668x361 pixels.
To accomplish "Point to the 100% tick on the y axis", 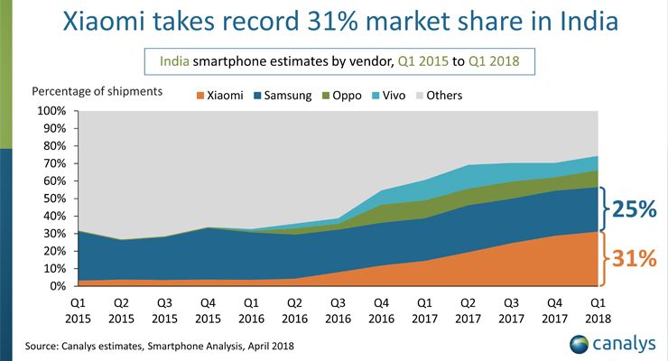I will tap(51, 111).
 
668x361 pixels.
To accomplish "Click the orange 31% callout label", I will tap(636, 260).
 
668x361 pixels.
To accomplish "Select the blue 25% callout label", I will tap(636, 208).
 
